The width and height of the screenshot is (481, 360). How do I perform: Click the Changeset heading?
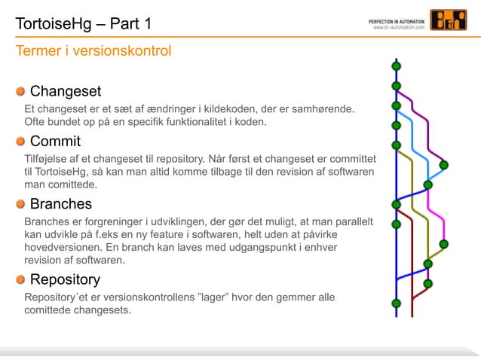[x=66, y=92]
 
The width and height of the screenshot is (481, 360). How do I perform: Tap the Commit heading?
[x=55, y=141]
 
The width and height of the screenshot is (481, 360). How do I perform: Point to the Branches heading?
[x=61, y=203]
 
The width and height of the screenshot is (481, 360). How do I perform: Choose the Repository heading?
[x=65, y=279]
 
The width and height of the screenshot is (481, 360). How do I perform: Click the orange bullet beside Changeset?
[x=20, y=92]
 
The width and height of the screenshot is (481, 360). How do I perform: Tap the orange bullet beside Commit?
[x=20, y=141]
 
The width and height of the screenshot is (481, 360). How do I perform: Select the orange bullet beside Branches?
[x=20, y=203]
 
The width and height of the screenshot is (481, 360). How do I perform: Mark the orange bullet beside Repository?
[x=20, y=279]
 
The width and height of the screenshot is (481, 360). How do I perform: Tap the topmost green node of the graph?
[x=396, y=66]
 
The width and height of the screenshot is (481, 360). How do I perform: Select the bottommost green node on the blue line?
[x=396, y=304]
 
